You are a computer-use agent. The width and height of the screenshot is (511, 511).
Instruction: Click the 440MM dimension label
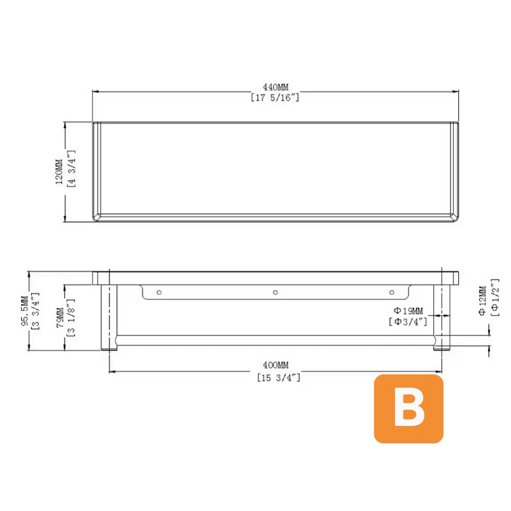[x=276, y=87]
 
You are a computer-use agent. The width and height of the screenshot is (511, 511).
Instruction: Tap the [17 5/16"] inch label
[x=275, y=97]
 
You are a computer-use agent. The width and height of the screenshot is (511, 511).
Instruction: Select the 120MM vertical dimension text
[x=59, y=172]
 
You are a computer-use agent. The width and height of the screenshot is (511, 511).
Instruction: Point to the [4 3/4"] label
[x=71, y=168]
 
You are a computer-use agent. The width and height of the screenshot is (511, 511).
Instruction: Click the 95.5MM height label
[x=24, y=311]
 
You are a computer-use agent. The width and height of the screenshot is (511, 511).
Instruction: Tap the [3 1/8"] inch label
[x=71, y=318]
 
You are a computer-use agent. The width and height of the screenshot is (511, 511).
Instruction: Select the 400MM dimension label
[x=276, y=365]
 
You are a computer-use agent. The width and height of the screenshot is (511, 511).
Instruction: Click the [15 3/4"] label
[x=279, y=378]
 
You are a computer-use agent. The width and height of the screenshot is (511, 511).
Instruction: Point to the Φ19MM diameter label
[x=409, y=310]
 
